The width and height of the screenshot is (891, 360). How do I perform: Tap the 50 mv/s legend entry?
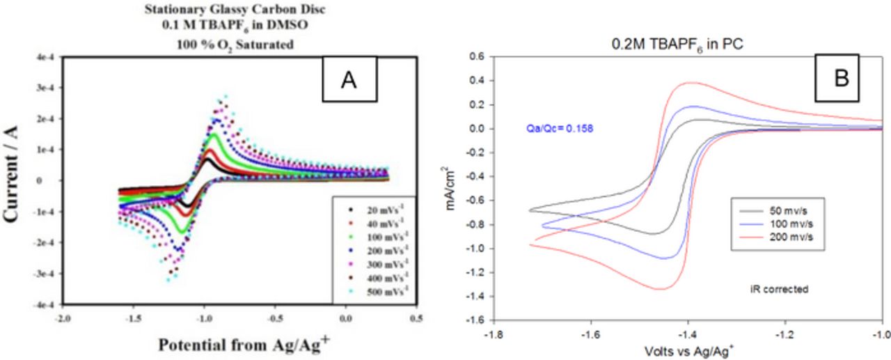pyautogui.click(x=777, y=210)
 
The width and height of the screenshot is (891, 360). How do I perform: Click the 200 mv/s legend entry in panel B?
pyautogui.click(x=777, y=237)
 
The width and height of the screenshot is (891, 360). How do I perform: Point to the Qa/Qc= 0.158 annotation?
pyautogui.click(x=560, y=128)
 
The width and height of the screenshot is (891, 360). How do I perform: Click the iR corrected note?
pyautogui.click(x=783, y=288)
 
